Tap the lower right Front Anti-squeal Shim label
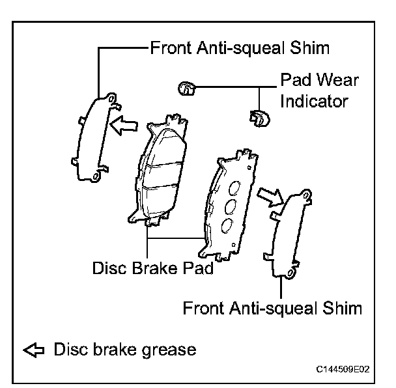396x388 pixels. coord(272,307)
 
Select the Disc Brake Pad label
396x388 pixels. coord(154,268)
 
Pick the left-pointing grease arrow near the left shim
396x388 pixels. coord(124,124)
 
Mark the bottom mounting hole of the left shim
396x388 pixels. coord(96,176)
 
